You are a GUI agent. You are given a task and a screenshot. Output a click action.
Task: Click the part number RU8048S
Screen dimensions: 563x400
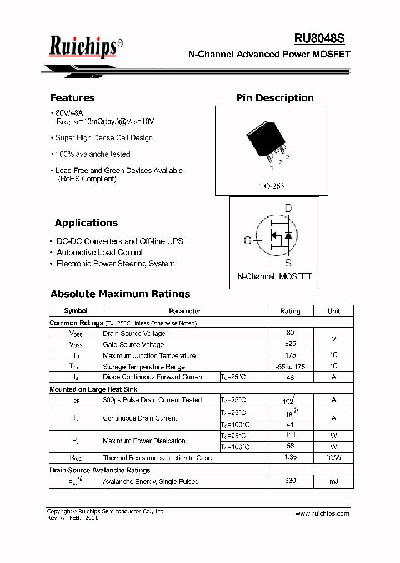click(x=319, y=38)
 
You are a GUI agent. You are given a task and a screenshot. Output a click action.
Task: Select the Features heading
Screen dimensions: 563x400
click(x=72, y=98)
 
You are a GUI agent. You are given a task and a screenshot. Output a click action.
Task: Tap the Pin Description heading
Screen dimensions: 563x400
click(x=274, y=98)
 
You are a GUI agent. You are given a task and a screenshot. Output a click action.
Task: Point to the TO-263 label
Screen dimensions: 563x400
click(x=272, y=186)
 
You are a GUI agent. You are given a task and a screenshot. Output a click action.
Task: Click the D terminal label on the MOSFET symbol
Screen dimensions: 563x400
click(x=288, y=209)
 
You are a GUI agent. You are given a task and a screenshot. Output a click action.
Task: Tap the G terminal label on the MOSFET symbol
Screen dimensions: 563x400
click(x=248, y=240)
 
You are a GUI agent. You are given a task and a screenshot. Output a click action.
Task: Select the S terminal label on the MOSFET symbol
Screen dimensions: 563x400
click(x=288, y=263)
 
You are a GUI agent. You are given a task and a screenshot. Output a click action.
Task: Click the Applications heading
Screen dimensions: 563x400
click(x=86, y=223)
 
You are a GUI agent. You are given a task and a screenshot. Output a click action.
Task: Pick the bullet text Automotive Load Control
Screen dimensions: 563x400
click(x=99, y=253)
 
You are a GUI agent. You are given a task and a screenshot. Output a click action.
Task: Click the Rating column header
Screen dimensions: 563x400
click(x=290, y=311)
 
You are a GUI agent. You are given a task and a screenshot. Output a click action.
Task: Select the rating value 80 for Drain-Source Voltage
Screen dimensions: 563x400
click(x=290, y=333)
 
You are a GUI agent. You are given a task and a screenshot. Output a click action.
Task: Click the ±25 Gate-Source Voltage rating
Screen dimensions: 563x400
click(x=290, y=344)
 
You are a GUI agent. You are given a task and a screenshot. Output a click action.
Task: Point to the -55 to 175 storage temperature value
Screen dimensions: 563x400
click(x=290, y=367)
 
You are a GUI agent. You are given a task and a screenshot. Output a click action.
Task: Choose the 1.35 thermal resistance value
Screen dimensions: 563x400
click(x=290, y=457)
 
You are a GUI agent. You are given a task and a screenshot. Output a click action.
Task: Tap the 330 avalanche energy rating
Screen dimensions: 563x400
click(x=290, y=481)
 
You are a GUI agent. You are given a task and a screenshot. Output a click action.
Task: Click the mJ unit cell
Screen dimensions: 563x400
click(x=333, y=482)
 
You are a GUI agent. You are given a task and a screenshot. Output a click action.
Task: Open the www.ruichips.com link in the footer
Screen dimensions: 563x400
click(x=322, y=513)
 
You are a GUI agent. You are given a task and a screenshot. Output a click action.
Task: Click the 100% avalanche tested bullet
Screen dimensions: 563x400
click(x=93, y=154)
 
